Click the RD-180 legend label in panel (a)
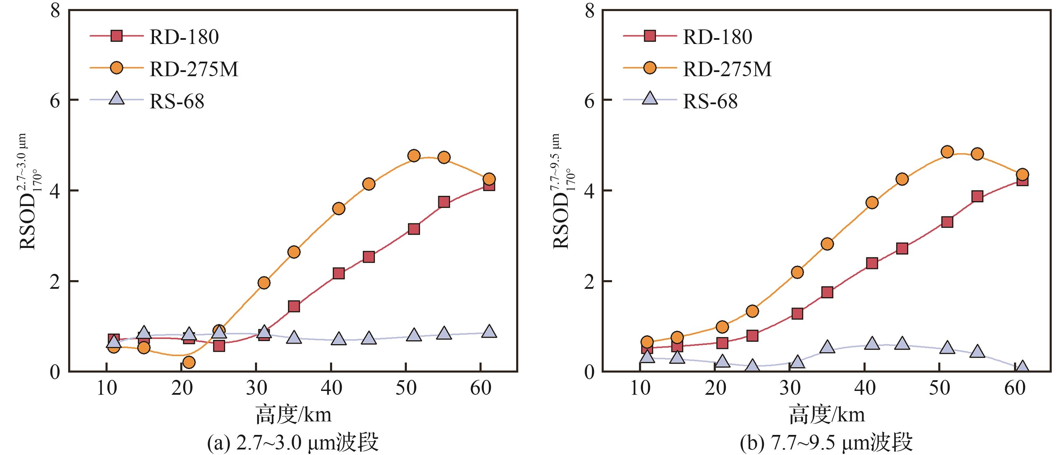(x=184, y=37)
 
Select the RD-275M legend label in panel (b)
(x=727, y=69)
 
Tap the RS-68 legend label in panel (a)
(x=177, y=101)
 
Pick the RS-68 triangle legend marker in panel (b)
(x=649, y=99)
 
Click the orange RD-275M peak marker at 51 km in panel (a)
(x=414, y=155)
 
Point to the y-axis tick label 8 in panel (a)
(x=55, y=10)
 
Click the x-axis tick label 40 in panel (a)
(x=331, y=388)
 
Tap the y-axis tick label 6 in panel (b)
(x=589, y=100)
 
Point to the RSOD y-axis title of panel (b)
(x=562, y=191)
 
